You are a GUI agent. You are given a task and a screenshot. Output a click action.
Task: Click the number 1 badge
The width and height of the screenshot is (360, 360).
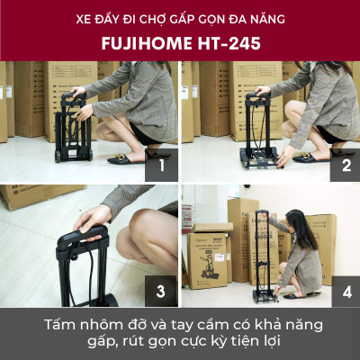[162, 165]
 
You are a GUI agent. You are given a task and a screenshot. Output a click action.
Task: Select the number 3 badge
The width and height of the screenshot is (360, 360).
[162, 290]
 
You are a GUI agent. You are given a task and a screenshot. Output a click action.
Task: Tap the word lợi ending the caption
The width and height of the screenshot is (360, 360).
[286, 344]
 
